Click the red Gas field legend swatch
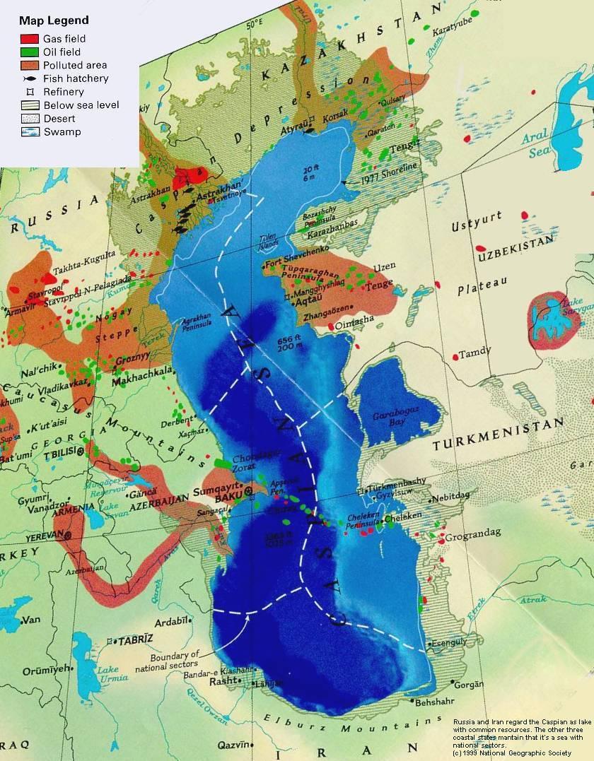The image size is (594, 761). (x=29, y=39)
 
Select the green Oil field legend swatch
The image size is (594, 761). (x=29, y=52)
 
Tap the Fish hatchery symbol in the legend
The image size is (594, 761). (x=29, y=78)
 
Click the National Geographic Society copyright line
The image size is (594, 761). (x=512, y=753)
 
